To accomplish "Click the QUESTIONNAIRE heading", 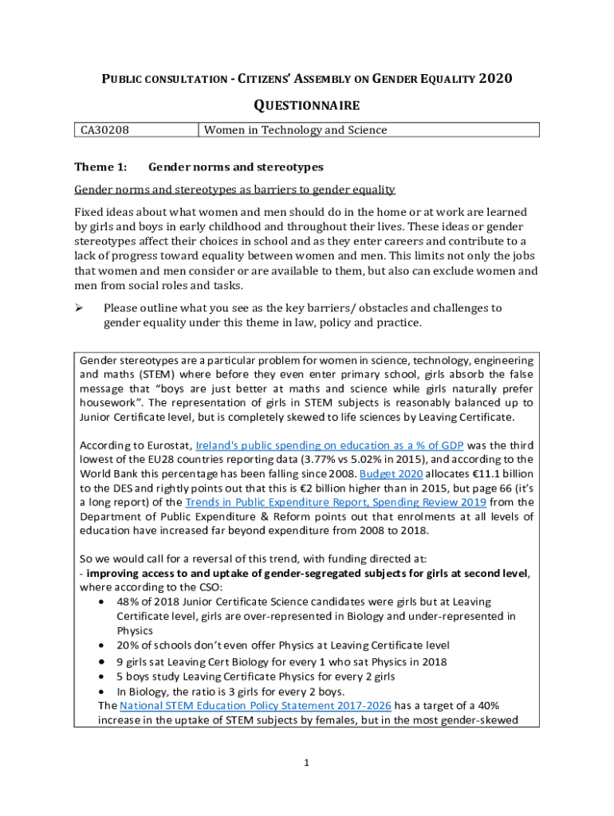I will coord(306,105).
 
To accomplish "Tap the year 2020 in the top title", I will coord(494,78).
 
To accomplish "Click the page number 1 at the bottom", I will coord(306,763).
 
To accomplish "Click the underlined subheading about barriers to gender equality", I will coord(234,190).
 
